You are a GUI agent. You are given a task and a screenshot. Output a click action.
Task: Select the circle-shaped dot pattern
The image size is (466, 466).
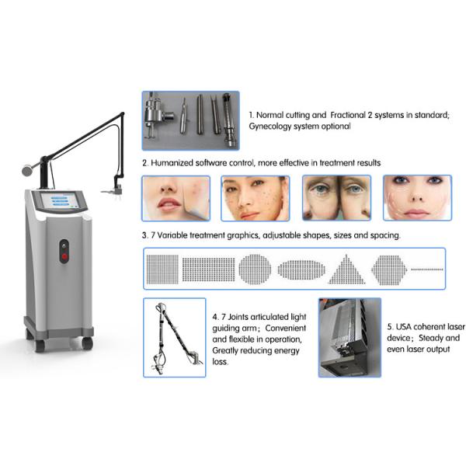pyautogui.click(x=255, y=269)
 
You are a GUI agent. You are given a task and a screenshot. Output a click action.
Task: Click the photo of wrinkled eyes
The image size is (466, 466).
pyautogui.click(x=336, y=197)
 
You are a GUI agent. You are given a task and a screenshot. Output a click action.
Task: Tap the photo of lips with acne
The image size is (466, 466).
pyautogui.click(x=172, y=197)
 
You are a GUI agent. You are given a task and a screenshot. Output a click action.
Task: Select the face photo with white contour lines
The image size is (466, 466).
pyautogui.click(x=416, y=197)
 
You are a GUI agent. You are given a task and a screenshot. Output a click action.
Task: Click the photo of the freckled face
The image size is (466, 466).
pyautogui.click(x=255, y=197)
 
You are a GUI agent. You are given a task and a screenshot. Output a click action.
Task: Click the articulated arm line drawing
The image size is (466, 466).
pyautogui.click(x=175, y=337)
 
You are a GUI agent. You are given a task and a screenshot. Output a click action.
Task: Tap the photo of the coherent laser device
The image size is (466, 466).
pyautogui.click(x=349, y=337)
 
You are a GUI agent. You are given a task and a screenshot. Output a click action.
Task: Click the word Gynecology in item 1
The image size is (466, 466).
pyautogui.click(x=275, y=126)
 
